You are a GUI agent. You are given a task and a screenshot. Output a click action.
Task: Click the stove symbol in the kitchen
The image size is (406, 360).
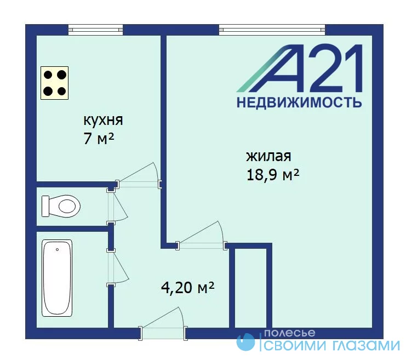click(54, 83)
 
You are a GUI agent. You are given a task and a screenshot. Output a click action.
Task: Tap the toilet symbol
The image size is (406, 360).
click(61, 206)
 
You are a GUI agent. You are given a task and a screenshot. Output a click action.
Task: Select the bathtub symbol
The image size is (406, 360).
click(57, 278)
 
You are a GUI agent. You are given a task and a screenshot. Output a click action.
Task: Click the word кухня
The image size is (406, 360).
click(103, 121)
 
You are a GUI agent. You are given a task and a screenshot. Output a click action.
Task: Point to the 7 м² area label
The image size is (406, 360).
click(99, 139)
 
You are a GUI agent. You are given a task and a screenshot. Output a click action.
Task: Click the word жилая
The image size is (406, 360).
click(268, 156)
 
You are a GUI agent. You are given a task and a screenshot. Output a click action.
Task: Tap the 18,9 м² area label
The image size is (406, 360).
click(273, 175)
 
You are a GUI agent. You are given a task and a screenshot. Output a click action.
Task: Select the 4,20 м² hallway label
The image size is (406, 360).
click(188, 287)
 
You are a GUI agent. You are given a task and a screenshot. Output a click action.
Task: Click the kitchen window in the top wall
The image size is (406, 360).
click(95, 30)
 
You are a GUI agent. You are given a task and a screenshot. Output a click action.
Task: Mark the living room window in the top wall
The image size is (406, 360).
click(272, 30)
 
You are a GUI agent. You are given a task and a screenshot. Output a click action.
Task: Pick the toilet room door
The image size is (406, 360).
click(117, 207)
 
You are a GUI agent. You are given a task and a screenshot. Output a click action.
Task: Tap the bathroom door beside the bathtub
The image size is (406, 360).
click(118, 267)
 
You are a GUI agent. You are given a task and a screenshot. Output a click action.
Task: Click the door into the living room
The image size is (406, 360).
click(202, 236)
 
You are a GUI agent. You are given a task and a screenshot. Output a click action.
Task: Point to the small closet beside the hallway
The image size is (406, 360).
click(250, 288)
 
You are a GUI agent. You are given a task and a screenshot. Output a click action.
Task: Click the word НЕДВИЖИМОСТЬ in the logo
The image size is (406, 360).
click(299, 102)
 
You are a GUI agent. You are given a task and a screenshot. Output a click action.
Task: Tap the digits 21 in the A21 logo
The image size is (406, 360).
click(334, 68)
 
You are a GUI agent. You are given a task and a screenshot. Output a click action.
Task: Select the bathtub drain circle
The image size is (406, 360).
click(57, 250)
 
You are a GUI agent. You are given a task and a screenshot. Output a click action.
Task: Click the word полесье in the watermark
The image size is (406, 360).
click(289, 333)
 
